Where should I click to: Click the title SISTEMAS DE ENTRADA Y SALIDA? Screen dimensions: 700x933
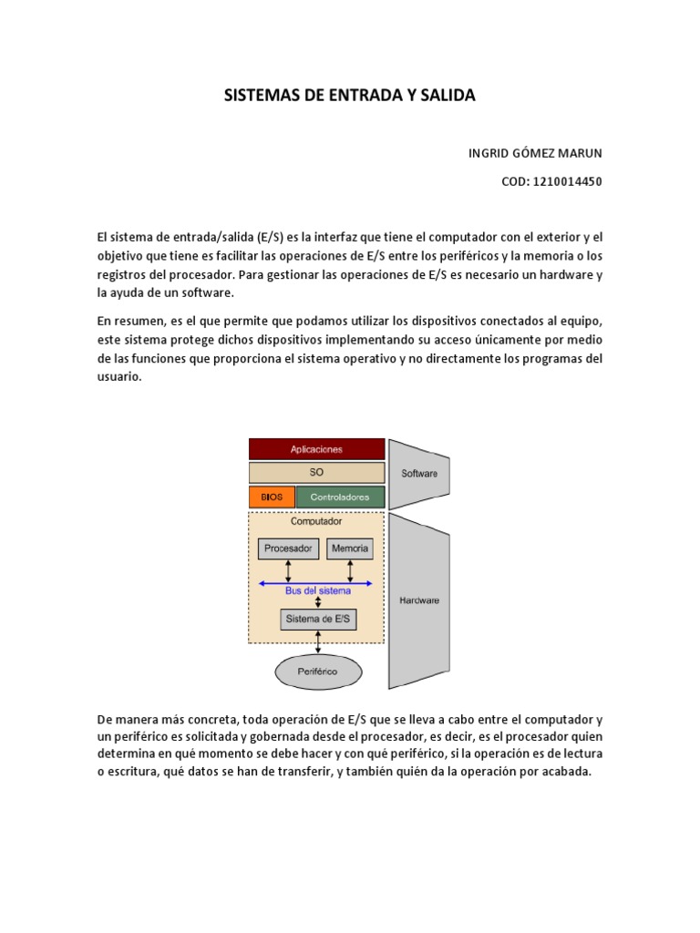(350, 96)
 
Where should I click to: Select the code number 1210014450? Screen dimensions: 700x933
(568, 181)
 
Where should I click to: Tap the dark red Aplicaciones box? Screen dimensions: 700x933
(316, 449)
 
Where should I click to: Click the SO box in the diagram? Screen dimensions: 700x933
(316, 473)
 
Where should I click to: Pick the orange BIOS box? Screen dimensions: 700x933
(272, 497)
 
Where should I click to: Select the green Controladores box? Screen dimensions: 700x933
(340, 497)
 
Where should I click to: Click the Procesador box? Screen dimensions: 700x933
(288, 549)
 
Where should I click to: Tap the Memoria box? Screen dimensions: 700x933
(350, 549)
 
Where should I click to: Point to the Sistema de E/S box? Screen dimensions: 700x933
(317, 620)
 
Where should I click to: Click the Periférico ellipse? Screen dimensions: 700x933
(317, 672)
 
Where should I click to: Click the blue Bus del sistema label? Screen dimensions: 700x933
(316, 591)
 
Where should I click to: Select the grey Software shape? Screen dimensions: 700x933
(418, 473)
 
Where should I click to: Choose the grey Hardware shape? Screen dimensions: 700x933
(418, 600)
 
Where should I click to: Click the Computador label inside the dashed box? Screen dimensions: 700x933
(316, 522)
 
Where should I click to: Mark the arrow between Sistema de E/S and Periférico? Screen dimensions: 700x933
(317, 642)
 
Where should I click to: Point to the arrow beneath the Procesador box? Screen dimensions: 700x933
(288, 570)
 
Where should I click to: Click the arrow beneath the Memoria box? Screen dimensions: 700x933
(350, 570)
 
